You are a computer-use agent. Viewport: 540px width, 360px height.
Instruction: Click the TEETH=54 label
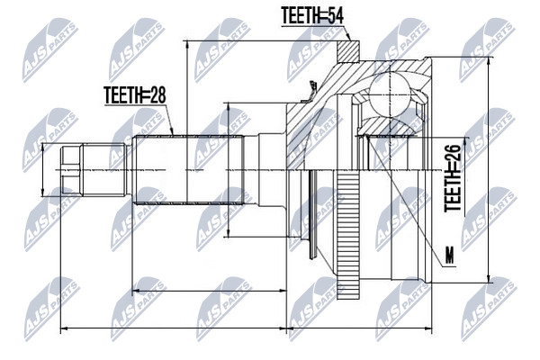[x=312, y=15]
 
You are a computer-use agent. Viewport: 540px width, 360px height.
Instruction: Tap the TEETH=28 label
[x=135, y=95]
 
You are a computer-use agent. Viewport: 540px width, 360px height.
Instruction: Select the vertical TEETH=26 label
[x=453, y=178]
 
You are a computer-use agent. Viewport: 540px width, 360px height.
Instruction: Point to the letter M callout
[x=450, y=256]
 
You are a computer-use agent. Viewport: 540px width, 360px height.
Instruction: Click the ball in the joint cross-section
[x=390, y=92]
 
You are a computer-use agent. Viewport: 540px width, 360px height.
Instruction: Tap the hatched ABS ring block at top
[x=347, y=51]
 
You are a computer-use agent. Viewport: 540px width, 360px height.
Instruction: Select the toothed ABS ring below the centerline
[x=348, y=235]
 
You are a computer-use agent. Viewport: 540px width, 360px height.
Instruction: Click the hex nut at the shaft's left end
[x=71, y=170]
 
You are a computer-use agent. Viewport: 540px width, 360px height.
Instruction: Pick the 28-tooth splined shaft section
[x=189, y=169]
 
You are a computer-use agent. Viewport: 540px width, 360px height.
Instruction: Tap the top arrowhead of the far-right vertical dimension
[x=489, y=60]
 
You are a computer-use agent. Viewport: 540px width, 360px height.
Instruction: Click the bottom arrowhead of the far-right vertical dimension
[x=489, y=279]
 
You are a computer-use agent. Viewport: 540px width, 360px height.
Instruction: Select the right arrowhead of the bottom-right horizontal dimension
[x=427, y=328]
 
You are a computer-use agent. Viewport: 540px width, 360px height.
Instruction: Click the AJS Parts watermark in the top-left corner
[x=50, y=50]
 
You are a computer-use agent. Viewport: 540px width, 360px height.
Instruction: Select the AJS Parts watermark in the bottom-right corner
[x=489, y=309]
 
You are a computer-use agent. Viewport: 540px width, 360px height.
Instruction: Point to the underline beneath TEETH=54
[x=312, y=25]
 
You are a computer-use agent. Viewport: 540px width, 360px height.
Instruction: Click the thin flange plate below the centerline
[x=313, y=214]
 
